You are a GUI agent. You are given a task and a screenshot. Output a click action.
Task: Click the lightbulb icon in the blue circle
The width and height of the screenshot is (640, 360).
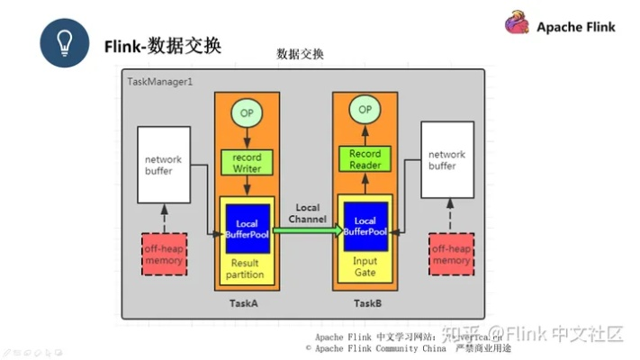tap(64, 43)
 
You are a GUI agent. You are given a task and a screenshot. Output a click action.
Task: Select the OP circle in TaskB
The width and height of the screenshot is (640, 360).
tap(365, 110)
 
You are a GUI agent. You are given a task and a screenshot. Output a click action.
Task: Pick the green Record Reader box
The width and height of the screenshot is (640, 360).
tap(365, 159)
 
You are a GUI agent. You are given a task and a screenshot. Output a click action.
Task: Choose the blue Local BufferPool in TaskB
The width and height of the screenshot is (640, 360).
tap(365, 227)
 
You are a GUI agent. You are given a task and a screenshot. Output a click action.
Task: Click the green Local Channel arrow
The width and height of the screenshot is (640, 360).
tap(308, 230)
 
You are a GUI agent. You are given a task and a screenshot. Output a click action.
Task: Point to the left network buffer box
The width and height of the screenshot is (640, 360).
tap(163, 165)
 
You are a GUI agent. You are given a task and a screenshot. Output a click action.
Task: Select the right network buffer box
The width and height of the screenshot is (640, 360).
tap(446, 161)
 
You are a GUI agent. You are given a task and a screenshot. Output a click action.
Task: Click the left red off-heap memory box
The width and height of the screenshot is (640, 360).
tap(163, 254)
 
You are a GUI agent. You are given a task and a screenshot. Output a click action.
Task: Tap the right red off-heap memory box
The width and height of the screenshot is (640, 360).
tap(451, 254)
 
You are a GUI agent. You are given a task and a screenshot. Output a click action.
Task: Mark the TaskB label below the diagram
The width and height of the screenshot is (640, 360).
tap(367, 303)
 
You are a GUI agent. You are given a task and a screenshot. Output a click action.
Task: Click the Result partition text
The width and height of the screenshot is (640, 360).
tap(245, 267)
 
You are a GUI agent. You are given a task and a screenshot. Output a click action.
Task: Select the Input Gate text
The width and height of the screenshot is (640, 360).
tap(365, 265)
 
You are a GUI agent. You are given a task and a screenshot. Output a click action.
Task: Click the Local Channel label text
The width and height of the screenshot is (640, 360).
tap(307, 213)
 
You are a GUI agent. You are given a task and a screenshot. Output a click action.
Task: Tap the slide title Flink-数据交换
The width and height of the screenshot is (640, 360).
tap(163, 45)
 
